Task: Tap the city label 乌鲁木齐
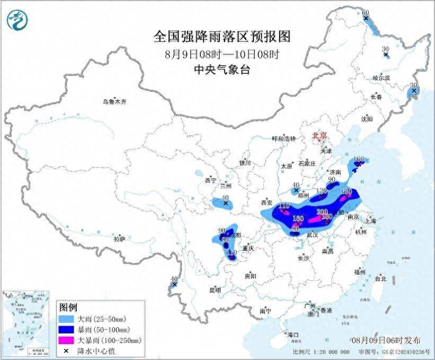coord(115,102)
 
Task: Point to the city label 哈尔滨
coord(380,78)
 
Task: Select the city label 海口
coord(293,335)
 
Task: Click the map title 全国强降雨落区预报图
coord(222,37)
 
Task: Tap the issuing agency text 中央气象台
coord(222,69)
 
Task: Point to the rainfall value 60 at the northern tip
coord(365,12)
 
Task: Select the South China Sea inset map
coord(27,323)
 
